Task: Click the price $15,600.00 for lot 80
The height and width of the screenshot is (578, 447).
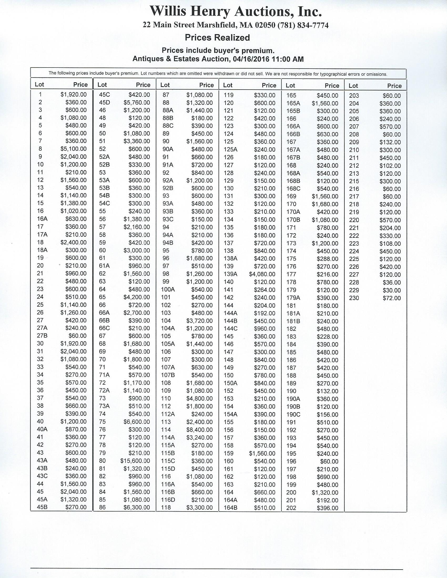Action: point(135,461)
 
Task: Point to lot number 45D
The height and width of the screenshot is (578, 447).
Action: point(104,102)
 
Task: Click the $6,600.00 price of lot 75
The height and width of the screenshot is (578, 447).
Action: point(137,422)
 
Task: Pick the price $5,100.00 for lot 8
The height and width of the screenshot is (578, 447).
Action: point(73,149)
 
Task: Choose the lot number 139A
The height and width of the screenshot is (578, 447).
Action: point(230,274)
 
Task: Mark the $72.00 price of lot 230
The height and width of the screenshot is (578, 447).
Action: point(392,298)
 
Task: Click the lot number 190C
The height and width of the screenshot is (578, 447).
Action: point(293,414)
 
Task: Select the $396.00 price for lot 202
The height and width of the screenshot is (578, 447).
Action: point(328,508)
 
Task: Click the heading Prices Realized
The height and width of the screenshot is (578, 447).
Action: point(217,38)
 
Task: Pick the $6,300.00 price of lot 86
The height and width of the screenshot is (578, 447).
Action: point(137,507)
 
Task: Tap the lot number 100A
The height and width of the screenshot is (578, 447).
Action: point(168,290)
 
